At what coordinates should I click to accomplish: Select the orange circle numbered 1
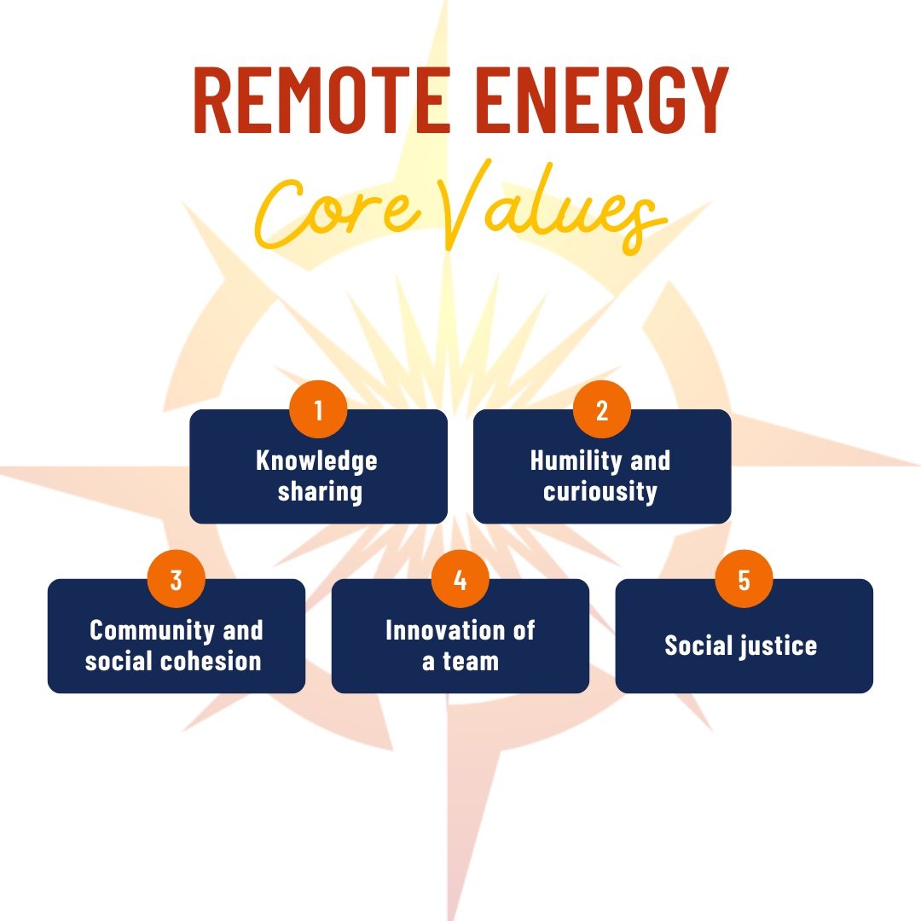(x=318, y=410)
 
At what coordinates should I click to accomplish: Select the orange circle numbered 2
(x=602, y=410)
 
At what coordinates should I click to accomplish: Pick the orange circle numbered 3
(x=177, y=580)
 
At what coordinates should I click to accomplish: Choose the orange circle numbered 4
(x=460, y=580)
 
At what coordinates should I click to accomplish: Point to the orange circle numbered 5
(x=744, y=580)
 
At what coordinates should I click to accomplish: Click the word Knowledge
(x=317, y=461)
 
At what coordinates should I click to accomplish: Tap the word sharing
(x=320, y=492)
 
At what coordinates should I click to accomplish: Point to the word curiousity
(x=600, y=492)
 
